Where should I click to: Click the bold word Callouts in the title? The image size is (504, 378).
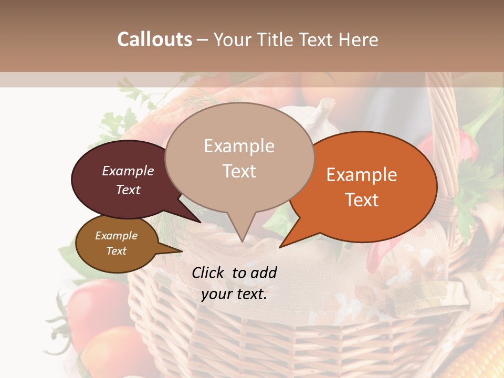154,39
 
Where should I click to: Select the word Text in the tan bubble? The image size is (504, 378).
239,171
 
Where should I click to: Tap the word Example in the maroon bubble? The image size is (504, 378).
128,171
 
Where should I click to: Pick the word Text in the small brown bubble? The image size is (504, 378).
117,251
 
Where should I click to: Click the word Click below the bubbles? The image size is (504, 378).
208,272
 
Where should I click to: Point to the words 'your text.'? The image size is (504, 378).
234,294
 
